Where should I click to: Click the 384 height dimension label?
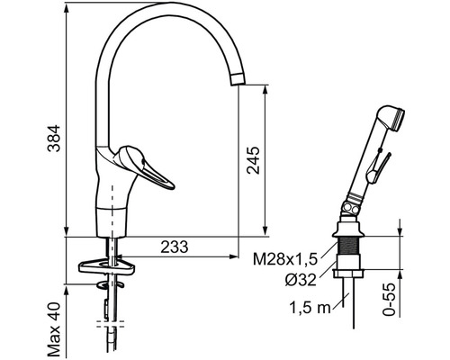pos(54,139)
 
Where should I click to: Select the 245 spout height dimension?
pos(253,160)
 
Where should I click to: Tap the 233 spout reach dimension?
pos(175,247)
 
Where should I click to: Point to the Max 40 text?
pos(54,329)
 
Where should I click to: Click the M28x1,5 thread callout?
pos(285,259)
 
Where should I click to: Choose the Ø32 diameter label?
pos(301,280)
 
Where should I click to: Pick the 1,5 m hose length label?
pos(310,308)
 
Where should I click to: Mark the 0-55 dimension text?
pos(389,300)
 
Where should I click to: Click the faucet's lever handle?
pos(144,166)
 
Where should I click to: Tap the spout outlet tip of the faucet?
pos(238,79)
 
